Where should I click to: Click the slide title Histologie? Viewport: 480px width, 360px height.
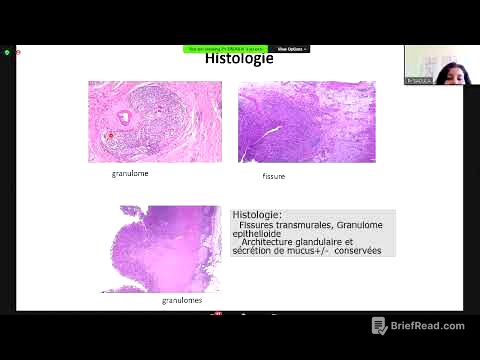239,58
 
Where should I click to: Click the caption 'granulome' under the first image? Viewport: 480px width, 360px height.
130,173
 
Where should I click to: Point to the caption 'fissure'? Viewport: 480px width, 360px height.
273,176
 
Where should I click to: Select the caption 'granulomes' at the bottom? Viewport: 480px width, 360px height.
182,299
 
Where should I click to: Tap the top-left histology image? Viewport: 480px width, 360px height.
154,121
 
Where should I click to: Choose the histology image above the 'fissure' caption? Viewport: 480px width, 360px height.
306,122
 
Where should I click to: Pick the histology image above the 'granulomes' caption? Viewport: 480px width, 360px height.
161,249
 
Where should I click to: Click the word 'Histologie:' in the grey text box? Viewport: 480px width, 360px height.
257,214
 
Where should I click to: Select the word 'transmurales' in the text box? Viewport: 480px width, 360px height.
305,224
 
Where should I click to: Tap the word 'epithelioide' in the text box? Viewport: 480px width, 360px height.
257,233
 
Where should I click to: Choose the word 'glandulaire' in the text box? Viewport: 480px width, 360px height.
330,242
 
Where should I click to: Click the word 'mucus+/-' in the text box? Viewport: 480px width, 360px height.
313,251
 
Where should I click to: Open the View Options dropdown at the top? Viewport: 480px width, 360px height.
291,48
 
